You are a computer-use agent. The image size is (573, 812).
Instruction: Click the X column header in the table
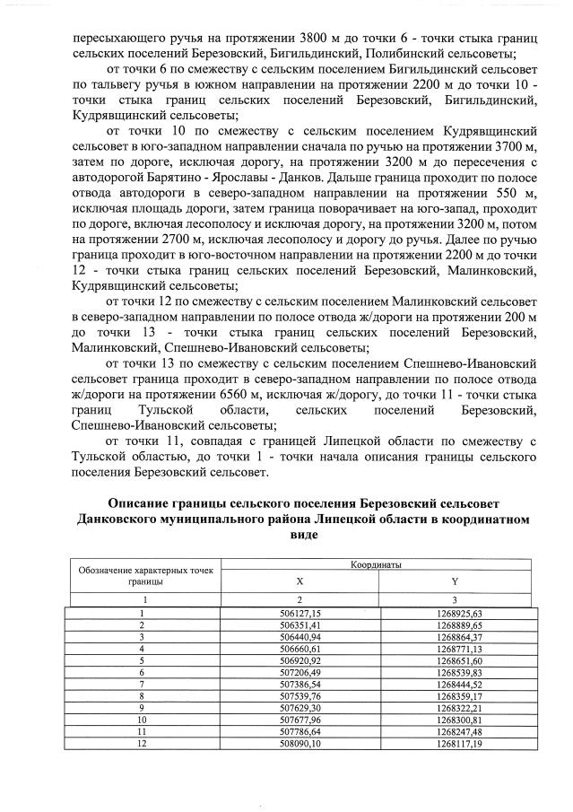300,581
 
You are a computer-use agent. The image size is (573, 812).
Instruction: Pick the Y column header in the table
455,581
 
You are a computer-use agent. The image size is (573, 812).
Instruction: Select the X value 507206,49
300,672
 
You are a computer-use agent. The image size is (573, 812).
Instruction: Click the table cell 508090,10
300,743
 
